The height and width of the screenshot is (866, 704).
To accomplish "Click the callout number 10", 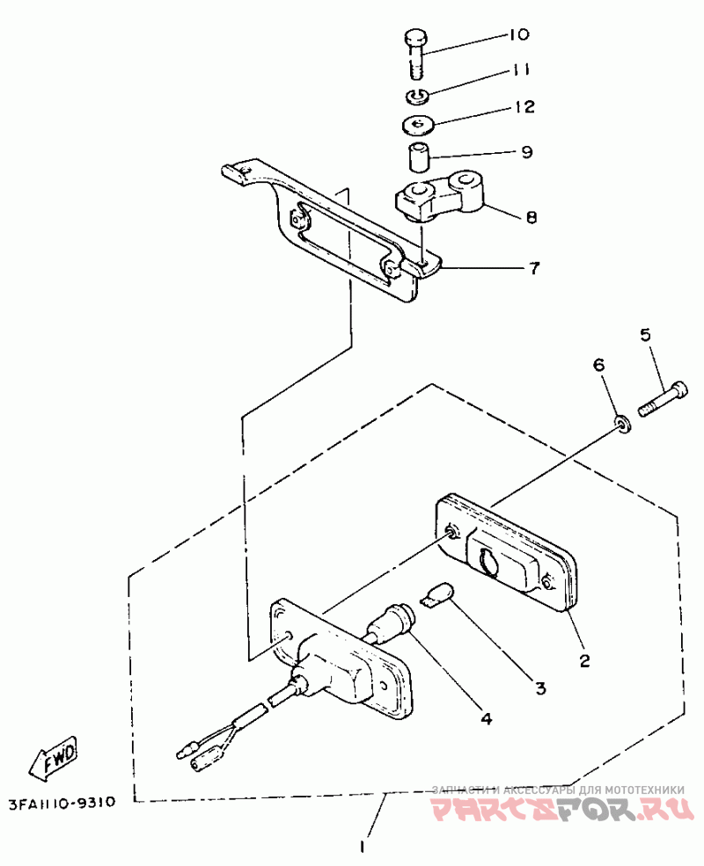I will pos(517,36).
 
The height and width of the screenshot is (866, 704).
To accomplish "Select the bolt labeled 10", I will pos(416,52).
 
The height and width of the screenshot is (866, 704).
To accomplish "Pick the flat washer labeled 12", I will pos(419,124).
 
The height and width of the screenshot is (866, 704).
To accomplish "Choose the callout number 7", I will pos(533,267).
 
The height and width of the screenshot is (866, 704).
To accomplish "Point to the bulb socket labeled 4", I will pos(393,622).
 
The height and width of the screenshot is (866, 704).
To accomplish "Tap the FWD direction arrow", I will pos(54,757).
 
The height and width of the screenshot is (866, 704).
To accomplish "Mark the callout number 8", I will pos(531,216).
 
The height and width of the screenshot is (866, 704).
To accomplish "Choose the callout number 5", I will pos(645,334).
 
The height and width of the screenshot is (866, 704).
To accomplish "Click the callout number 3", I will pos(540,687).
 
